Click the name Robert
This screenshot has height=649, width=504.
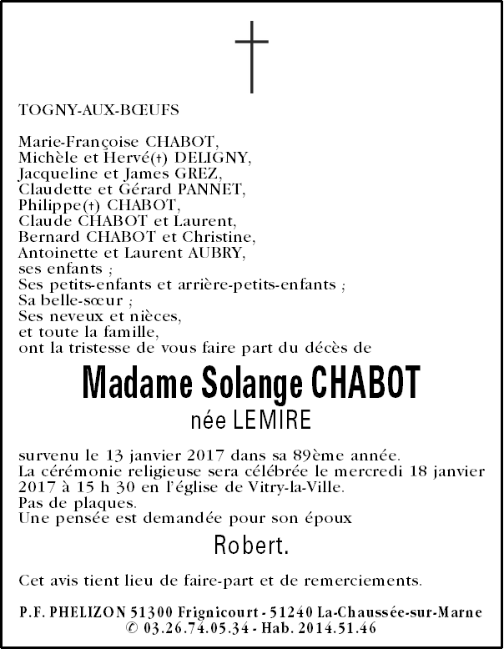click(x=251, y=547)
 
